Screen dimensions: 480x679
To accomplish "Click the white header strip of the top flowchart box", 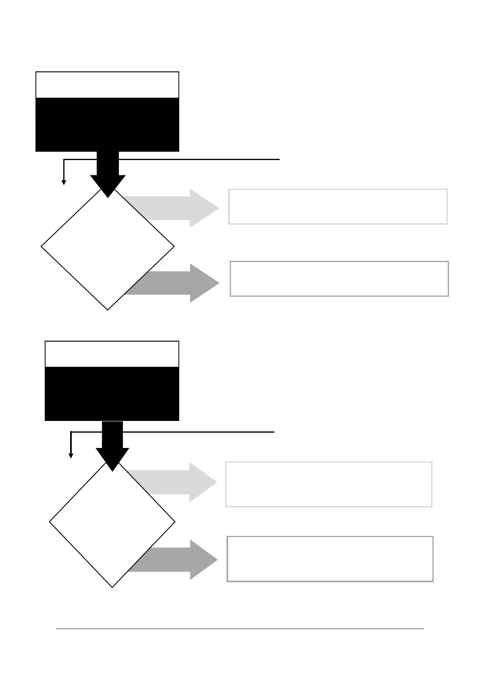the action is (x=107, y=85).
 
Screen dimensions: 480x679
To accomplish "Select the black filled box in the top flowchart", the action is (x=107, y=124).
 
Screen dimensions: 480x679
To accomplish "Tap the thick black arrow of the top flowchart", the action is (x=108, y=173).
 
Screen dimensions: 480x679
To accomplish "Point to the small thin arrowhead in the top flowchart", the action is (x=64, y=182).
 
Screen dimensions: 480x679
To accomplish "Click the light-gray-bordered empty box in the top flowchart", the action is (x=338, y=206).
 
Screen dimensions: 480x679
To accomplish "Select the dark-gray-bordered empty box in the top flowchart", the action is (x=339, y=279).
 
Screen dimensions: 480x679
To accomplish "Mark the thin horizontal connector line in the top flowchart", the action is (x=202, y=160).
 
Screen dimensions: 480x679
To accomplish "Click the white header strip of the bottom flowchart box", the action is (x=112, y=354).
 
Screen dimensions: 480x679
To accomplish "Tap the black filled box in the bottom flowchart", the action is (x=112, y=394).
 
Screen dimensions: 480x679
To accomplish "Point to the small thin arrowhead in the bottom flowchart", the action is (x=71, y=456).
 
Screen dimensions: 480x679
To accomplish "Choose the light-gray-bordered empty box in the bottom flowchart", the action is (x=328, y=484).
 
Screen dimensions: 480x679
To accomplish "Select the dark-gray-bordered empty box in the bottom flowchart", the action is (x=330, y=558).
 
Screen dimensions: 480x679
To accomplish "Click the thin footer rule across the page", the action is (x=240, y=629).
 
